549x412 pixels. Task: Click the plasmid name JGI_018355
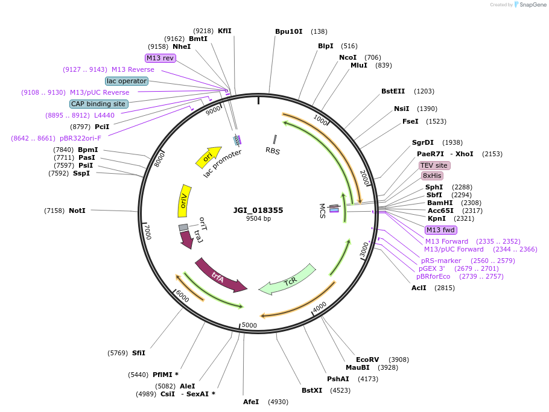[258, 211]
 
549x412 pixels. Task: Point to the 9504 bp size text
[258, 219]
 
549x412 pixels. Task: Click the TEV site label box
[434, 165]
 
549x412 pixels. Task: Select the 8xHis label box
[432, 176]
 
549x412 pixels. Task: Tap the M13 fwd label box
[441, 230]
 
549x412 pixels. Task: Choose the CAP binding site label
[98, 104]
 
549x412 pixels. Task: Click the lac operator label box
[127, 81]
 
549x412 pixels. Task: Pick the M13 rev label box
[160, 58]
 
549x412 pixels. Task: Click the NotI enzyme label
[77, 211]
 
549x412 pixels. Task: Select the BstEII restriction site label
[393, 91]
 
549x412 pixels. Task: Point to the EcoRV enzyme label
[367, 360]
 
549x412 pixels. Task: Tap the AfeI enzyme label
[251, 402]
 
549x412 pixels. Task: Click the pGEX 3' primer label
[433, 268]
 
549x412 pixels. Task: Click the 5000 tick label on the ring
[249, 326]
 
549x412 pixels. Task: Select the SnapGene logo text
[532, 4]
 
